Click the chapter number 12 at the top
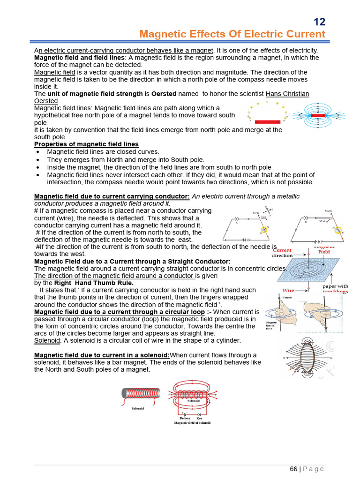click(319, 22)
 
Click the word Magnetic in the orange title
click(161, 34)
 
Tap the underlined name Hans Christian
click(287, 94)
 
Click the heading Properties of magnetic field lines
click(86, 144)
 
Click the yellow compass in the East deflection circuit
click(265, 230)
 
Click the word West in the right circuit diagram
click(322, 220)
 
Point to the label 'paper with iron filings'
click(335, 289)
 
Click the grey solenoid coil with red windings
click(141, 394)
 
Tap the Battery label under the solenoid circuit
click(185, 418)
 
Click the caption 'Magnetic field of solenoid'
click(192, 423)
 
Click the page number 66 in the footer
click(293, 469)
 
